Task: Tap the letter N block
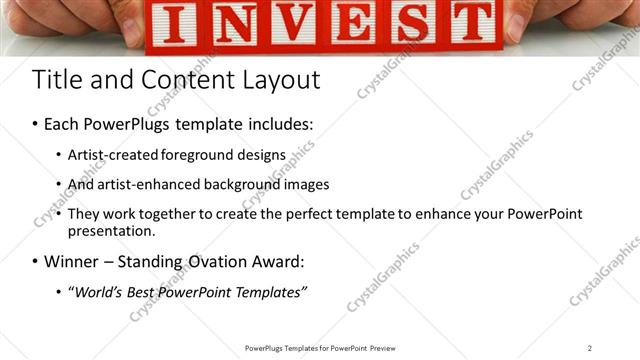[x=233, y=25]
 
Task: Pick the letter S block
[x=412, y=25]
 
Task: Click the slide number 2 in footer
[x=590, y=348]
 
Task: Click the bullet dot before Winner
[x=35, y=262]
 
